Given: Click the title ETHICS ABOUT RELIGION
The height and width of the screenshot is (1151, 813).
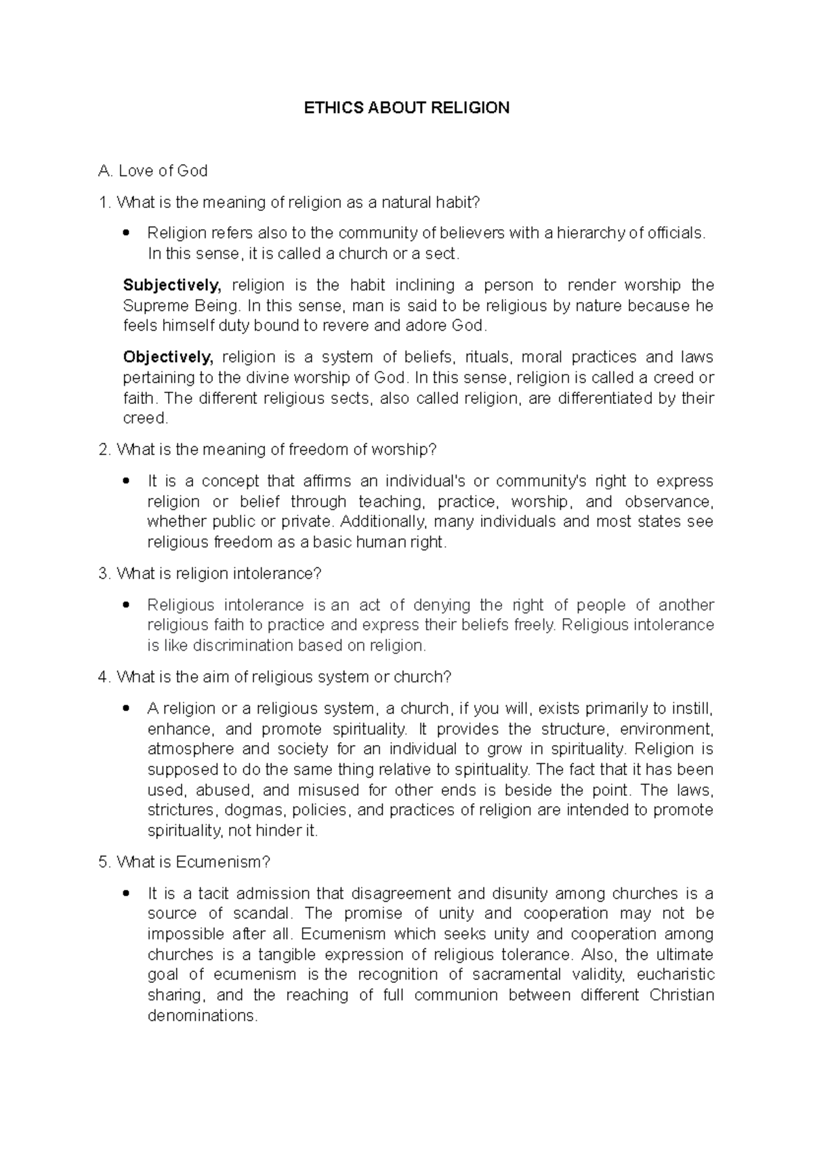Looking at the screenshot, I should [406, 108].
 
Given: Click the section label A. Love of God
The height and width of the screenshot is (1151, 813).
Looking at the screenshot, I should [153, 171].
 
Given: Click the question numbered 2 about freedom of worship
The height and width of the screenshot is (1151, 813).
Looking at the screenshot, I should [268, 449].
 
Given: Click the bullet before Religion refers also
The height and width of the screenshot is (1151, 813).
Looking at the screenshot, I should [125, 234].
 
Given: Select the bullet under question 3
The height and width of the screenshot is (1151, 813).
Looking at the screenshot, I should [125, 605].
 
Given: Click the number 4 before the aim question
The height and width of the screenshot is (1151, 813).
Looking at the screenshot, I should [103, 677].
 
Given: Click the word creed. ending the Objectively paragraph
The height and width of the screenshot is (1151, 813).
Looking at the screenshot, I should [145, 418].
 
